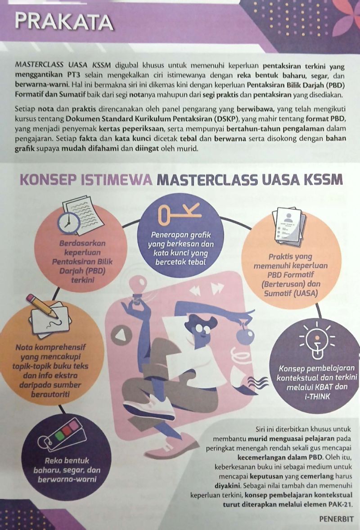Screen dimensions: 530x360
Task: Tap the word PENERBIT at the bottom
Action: point(337,518)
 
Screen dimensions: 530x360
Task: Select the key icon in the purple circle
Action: point(179,214)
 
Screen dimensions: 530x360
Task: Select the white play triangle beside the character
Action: point(120,335)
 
